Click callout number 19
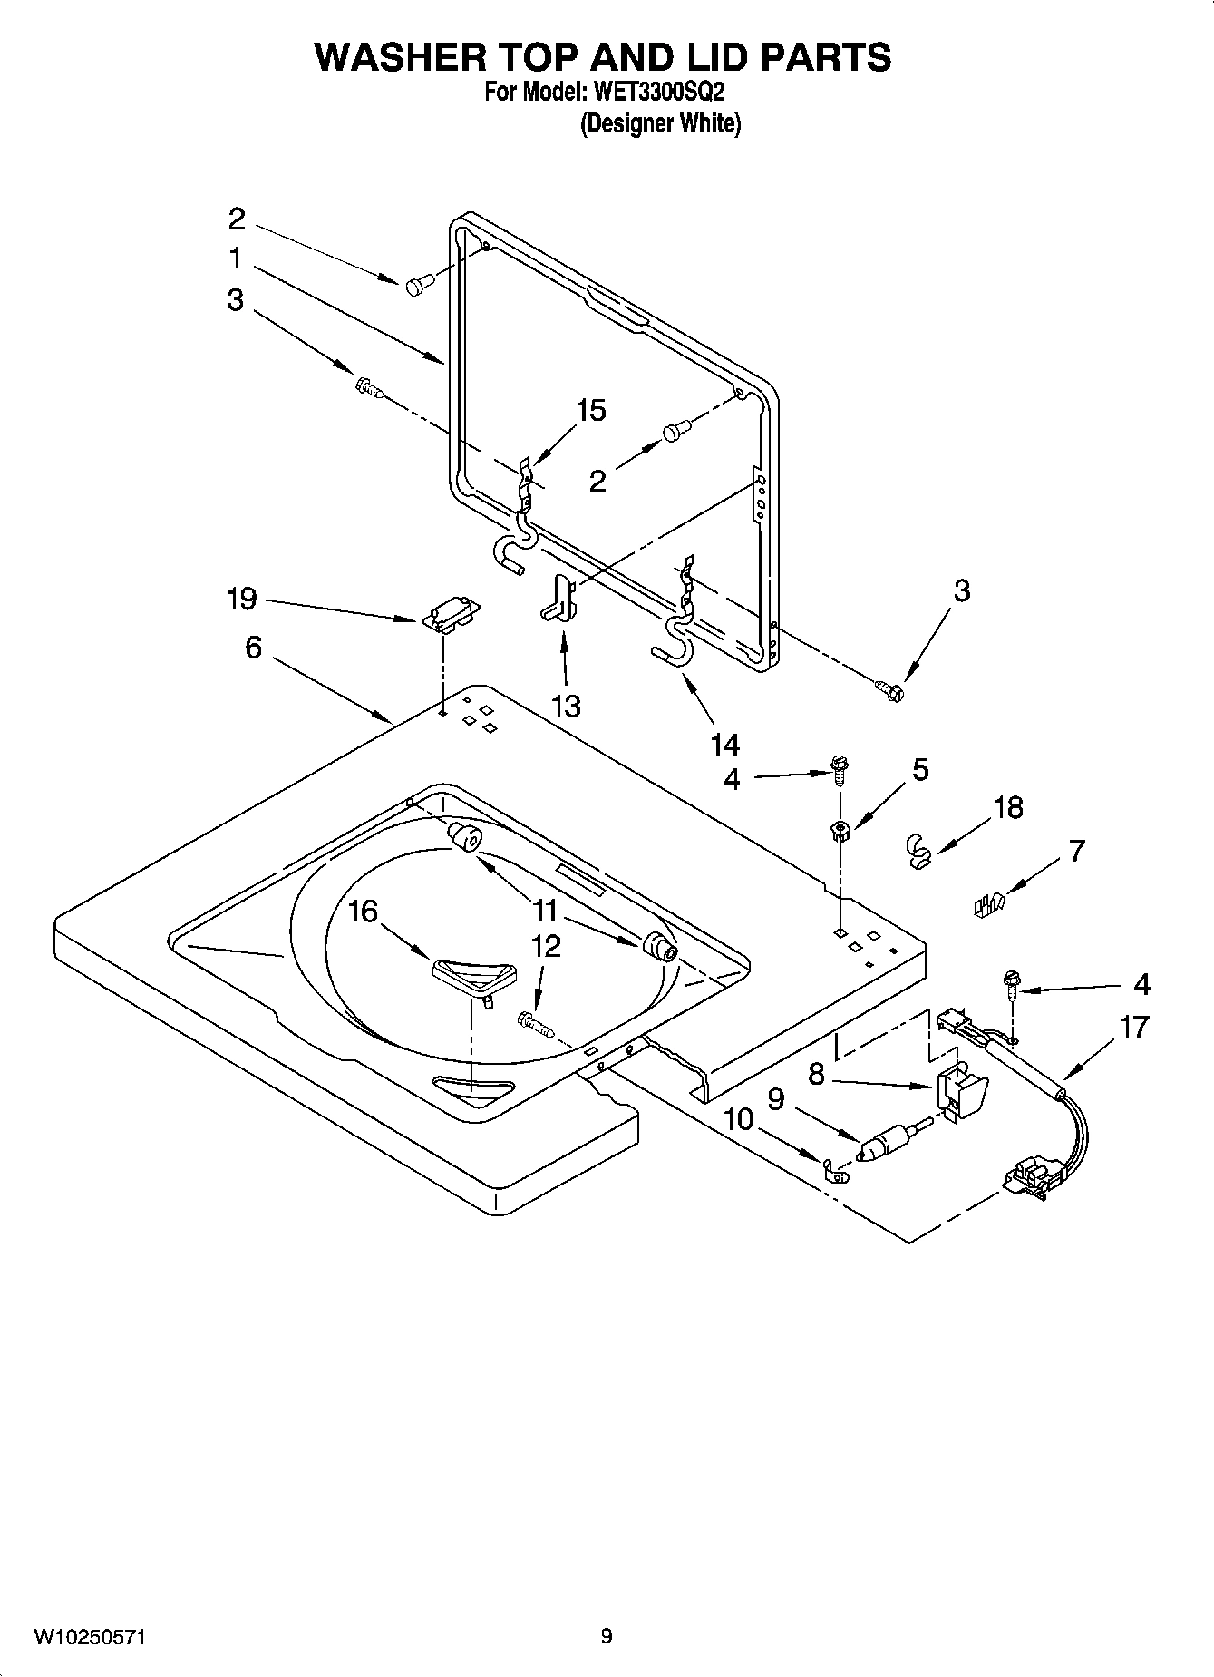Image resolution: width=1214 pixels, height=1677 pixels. pos(241,600)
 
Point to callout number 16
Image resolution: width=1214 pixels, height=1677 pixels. pos(363,911)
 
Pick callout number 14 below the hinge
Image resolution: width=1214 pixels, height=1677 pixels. pos(725,746)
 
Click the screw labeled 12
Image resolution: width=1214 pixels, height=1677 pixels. pos(534,1024)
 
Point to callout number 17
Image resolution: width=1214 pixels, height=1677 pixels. pos(1134,1028)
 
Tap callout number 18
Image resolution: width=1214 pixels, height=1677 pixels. pos(1008,807)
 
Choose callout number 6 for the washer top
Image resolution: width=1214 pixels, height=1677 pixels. pos(253,648)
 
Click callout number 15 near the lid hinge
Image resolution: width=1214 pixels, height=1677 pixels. pos(590,411)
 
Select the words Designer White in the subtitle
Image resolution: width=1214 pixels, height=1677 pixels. pos(660,124)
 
